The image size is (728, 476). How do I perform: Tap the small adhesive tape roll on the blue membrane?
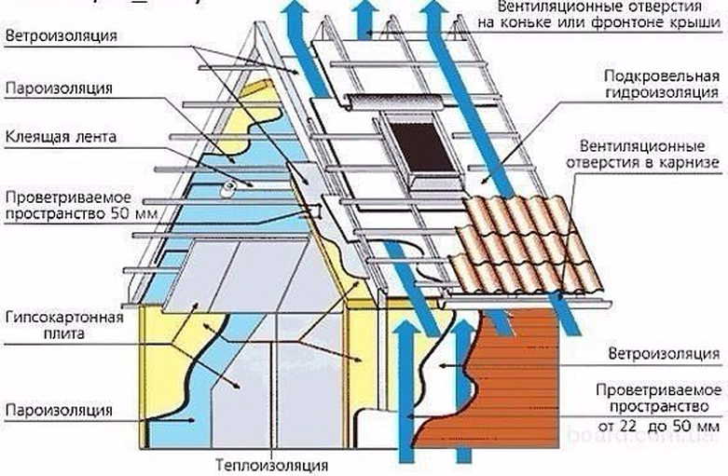coord(227,191)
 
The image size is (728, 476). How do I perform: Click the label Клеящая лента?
coord(62,136)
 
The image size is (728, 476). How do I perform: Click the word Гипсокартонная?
coord(63,318)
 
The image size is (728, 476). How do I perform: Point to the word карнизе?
coord(691,163)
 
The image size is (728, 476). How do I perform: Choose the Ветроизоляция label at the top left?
coord(62,36)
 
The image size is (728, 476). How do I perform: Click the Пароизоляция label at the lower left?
coord(59,410)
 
